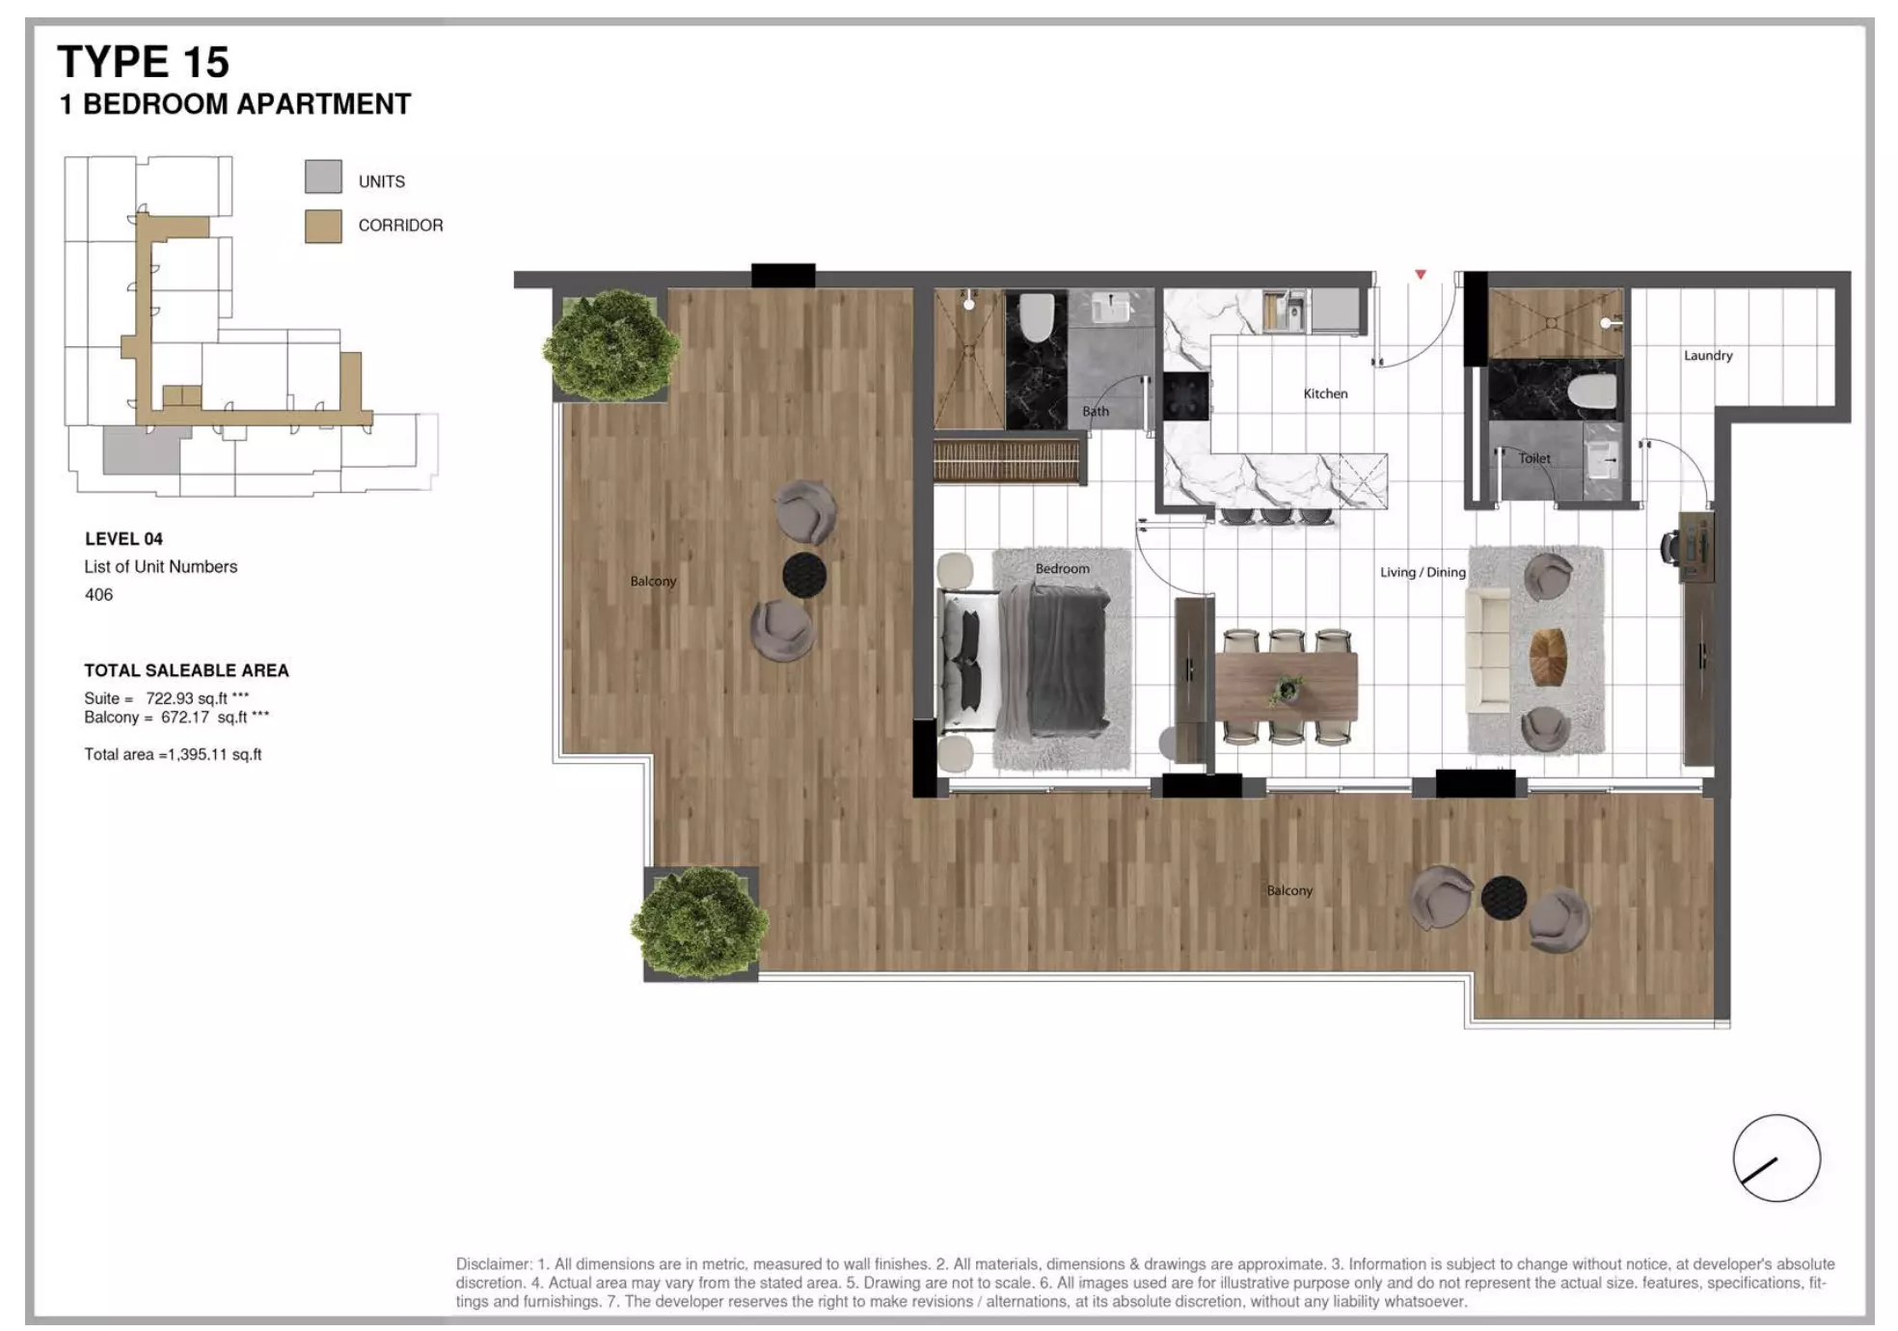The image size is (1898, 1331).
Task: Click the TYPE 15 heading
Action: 143,63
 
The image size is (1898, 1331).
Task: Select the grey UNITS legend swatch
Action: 323,177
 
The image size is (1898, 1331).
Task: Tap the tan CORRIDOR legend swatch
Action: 323,226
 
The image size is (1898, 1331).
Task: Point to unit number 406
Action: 98,595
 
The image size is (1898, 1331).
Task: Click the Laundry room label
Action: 1707,356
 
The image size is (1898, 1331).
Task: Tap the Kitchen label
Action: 1325,394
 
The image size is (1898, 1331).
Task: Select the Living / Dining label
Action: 1422,572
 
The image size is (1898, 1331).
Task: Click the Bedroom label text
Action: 1062,569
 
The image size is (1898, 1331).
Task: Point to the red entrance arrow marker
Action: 1420,275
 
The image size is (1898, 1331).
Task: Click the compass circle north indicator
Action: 1776,1158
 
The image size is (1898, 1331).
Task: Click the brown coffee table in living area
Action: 1547,657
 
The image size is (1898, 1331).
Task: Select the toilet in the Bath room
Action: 1036,317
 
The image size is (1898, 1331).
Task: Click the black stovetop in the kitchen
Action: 1185,395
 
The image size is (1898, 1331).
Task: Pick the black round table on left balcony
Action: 803,575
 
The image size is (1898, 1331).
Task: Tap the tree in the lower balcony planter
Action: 699,921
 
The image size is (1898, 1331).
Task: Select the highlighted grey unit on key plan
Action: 140,450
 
